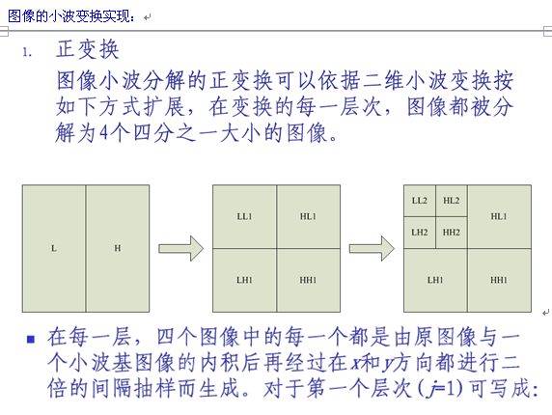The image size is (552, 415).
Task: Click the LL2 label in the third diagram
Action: (x=419, y=201)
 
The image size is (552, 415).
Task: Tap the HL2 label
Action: (x=451, y=201)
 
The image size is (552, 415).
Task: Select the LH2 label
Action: (x=419, y=233)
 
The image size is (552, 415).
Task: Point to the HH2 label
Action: (x=452, y=233)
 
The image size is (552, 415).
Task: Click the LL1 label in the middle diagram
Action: (x=244, y=216)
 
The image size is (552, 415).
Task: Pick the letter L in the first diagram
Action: (x=54, y=248)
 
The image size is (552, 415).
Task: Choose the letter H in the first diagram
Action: (x=117, y=248)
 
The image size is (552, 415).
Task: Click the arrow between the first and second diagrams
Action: (x=181, y=248)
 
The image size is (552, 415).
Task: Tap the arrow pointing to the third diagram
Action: (x=372, y=248)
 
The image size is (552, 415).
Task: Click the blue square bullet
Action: (x=31, y=339)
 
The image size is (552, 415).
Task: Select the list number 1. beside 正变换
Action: (x=27, y=53)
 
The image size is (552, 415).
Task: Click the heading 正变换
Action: (x=88, y=49)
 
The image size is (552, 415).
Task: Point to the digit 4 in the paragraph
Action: (x=104, y=133)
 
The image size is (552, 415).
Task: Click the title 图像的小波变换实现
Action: (x=71, y=16)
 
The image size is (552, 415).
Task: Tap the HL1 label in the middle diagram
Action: (x=308, y=216)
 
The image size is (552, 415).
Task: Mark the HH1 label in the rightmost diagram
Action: (x=499, y=280)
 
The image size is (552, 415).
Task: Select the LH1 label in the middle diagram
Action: (x=244, y=280)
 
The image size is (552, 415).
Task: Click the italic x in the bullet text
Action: (x=356, y=363)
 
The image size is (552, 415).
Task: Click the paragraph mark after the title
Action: (x=147, y=17)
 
